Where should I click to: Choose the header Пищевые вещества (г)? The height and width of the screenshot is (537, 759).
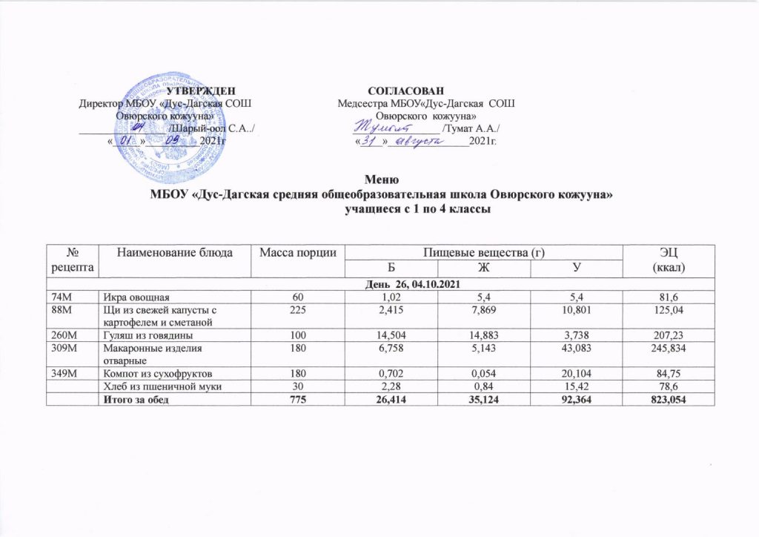point(483,254)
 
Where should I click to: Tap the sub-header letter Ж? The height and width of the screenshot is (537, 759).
point(483,267)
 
